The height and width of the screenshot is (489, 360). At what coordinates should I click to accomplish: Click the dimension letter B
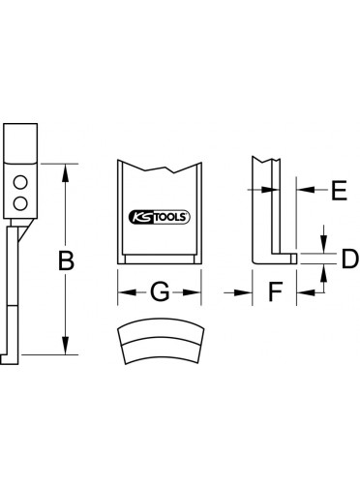point(66,260)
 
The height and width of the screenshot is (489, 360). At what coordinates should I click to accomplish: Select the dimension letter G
point(160,291)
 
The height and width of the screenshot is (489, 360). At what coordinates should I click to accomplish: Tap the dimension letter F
point(276,291)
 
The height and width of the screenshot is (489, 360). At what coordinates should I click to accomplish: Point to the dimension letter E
point(340,190)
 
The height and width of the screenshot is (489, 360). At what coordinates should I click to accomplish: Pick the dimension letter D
point(350,259)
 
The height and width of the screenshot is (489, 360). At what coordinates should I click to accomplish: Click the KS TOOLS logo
point(160,217)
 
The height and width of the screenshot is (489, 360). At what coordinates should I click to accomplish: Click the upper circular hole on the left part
point(20,183)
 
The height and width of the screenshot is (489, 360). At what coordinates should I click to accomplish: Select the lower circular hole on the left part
point(20,203)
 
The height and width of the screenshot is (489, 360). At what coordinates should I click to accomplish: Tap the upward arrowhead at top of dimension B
point(66,171)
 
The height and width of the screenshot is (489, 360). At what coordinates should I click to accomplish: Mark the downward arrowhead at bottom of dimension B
point(66,347)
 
